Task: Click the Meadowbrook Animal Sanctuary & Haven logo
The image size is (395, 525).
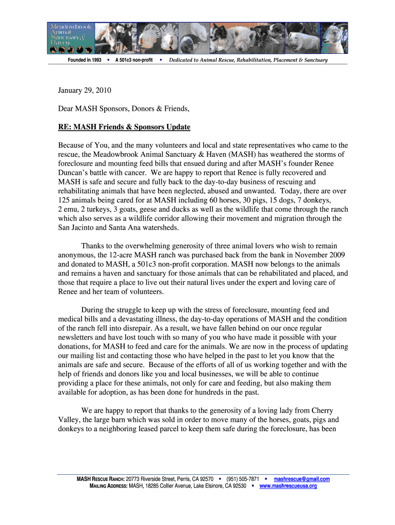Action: click(71, 38)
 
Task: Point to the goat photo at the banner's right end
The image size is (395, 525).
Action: click(336, 37)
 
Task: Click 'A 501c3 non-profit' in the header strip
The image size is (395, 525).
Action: click(134, 60)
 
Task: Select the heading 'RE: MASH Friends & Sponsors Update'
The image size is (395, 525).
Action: click(124, 127)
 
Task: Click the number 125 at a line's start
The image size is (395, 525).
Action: click(64, 200)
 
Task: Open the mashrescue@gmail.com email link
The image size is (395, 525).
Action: click(302, 479)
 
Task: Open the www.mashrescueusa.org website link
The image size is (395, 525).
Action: click(288, 486)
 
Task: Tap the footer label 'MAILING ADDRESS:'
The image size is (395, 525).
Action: click(109, 486)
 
